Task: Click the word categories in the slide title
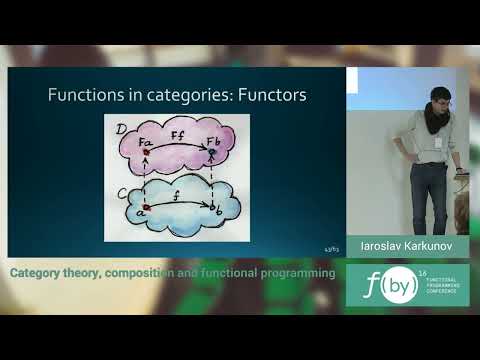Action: [x=180, y=96]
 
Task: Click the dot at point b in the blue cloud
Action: [x=212, y=206]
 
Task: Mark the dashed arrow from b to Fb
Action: [x=212, y=178]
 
